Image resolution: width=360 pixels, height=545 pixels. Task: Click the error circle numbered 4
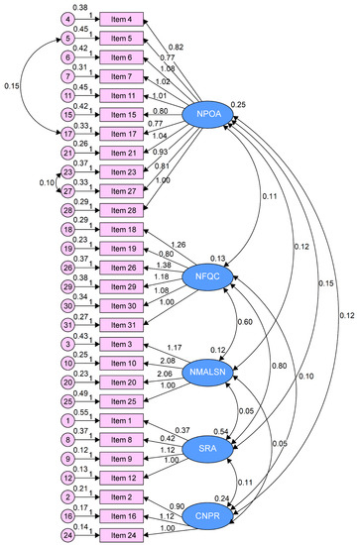(66, 19)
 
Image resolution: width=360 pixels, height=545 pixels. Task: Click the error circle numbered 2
(66, 496)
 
